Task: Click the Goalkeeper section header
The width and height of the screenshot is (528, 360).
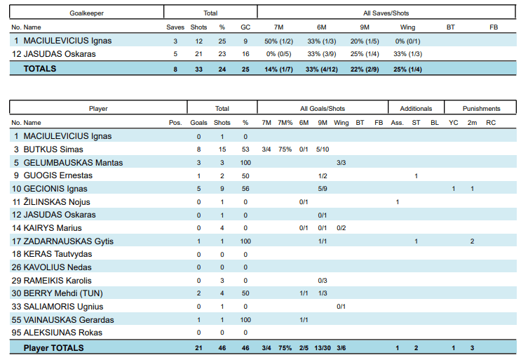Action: point(86,13)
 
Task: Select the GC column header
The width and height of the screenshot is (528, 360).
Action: point(245,27)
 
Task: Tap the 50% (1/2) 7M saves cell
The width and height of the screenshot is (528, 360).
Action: point(278,41)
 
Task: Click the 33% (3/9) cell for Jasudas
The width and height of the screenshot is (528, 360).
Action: point(322,54)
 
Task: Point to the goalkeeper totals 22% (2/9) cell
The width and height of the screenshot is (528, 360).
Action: point(365,69)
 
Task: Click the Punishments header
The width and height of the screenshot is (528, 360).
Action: point(481,109)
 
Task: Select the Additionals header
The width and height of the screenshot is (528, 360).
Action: point(416,109)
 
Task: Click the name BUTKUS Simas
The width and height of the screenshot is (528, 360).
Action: point(53,149)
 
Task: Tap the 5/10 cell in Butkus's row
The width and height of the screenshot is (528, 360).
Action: point(323,149)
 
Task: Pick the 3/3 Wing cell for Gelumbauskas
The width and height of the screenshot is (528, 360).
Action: point(341,163)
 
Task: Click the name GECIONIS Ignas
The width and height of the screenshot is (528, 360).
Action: point(55,189)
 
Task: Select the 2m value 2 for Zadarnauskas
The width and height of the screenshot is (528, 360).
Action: point(472,241)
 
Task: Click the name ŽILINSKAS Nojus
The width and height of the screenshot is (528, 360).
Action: point(57,202)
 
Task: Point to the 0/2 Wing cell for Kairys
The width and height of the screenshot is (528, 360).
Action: point(341,228)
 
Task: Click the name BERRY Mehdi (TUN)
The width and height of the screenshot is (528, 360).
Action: point(63,293)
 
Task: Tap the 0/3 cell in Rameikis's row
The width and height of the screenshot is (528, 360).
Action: point(323,281)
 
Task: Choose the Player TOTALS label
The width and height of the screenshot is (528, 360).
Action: point(53,348)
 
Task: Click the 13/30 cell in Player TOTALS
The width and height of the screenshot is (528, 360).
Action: point(323,348)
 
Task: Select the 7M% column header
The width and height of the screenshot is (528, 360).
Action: point(285,123)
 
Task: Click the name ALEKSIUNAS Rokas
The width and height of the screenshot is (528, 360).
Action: point(62,333)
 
